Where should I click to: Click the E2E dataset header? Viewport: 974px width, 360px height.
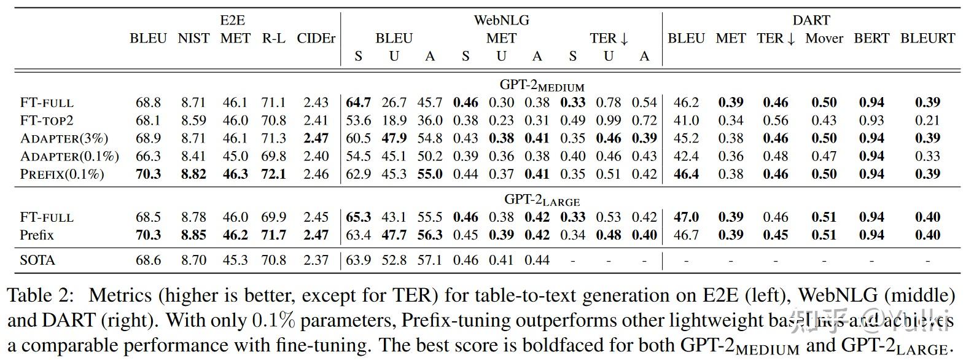[x=232, y=20]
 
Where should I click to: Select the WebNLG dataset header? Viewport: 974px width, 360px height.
[x=501, y=20]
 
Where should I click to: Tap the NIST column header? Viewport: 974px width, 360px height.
[x=193, y=38]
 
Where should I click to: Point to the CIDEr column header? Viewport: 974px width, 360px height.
[x=316, y=38]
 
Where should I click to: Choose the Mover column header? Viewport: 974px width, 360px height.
[x=824, y=38]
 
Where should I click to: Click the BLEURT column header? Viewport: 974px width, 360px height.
[x=927, y=38]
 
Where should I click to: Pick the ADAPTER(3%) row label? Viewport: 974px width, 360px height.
[x=63, y=138]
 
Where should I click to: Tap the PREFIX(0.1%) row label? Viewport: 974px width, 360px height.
[x=62, y=174]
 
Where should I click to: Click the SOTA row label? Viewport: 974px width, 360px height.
[x=37, y=260]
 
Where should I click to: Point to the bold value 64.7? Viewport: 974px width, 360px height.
[x=358, y=103]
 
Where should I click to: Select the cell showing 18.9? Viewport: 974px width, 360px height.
[x=394, y=120]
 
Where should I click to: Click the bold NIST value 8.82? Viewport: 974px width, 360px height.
[x=193, y=174]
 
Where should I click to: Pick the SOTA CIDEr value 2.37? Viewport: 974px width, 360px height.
[x=316, y=260]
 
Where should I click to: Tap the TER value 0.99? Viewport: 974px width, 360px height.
[x=608, y=120]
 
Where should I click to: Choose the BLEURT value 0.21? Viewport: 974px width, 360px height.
[x=927, y=120]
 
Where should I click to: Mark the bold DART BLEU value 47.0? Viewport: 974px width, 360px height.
[x=686, y=217]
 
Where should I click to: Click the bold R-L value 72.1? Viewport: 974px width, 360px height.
[x=273, y=174]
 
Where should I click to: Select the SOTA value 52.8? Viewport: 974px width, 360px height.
[x=394, y=260]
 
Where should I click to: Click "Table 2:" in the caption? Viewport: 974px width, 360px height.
[x=41, y=296]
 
